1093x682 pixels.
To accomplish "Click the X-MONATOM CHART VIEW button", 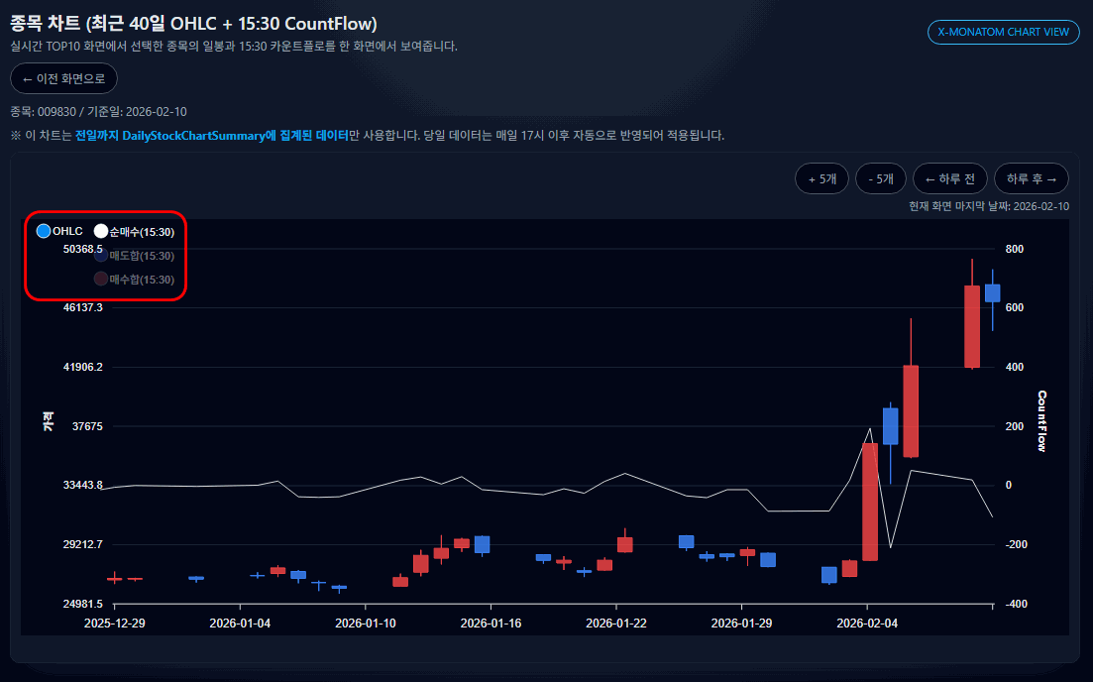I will [1003, 33].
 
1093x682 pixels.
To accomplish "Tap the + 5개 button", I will [821, 178].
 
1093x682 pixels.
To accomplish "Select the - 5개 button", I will [880, 178].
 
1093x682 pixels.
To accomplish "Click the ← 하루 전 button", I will [949, 178].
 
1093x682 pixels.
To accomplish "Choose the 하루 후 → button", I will [1032, 178].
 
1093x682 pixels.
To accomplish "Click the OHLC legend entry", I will [59, 231].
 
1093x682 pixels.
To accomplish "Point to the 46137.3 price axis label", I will [82, 307].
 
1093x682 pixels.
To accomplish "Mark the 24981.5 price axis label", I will [82, 604].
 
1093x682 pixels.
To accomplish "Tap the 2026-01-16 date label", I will [491, 624].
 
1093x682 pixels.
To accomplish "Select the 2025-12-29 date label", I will [115, 624].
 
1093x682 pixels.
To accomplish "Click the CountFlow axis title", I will [1041, 421].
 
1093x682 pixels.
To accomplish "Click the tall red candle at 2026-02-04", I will [870, 502].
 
